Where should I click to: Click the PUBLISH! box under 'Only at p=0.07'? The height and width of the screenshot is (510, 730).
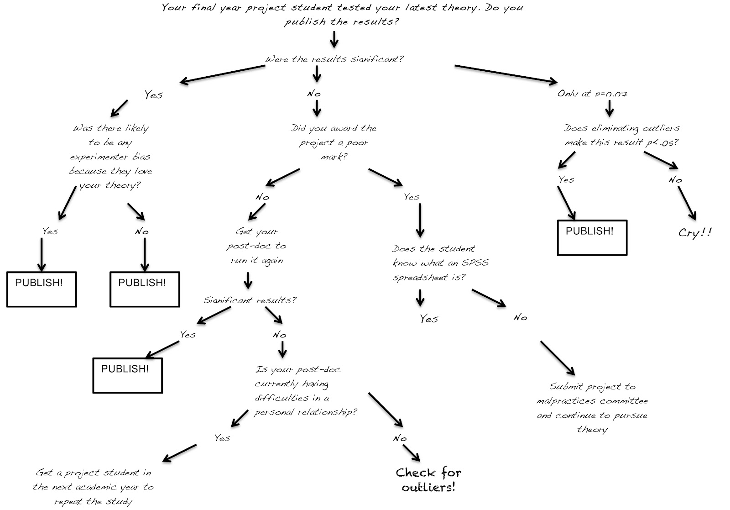click(592, 237)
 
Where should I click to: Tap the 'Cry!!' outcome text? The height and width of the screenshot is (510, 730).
click(695, 233)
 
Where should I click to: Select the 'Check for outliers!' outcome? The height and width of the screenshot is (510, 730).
click(428, 479)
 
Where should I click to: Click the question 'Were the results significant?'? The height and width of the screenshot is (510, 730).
click(334, 59)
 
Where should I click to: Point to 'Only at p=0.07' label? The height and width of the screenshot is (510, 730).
click(592, 94)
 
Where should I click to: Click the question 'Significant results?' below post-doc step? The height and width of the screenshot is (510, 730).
click(250, 300)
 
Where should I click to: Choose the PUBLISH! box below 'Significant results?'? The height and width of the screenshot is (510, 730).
click(127, 375)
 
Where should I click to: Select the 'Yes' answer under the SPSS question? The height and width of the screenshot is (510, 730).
click(429, 319)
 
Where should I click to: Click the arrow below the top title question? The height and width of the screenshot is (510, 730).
click(334, 39)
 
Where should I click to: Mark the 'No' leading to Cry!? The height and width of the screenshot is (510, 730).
click(675, 180)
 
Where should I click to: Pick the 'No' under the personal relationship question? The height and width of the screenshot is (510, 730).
click(400, 438)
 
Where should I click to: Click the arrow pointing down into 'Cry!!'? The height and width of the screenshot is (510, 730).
click(687, 203)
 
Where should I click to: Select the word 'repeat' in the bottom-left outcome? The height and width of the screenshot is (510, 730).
click(68, 502)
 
